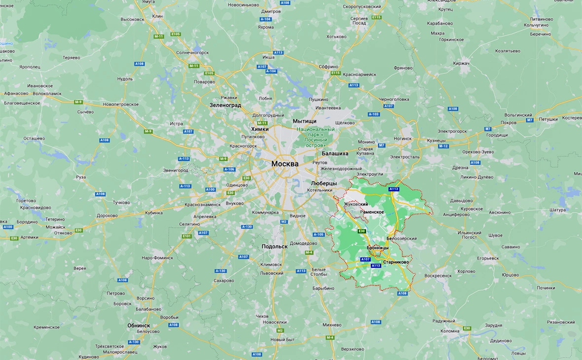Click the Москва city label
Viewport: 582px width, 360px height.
point(285,164)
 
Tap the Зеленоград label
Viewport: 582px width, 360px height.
point(225,105)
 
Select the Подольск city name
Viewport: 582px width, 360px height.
point(274,247)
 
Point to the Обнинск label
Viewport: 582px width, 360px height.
point(139,325)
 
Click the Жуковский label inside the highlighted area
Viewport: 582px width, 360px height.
point(356,204)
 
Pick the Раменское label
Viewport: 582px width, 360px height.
point(372,212)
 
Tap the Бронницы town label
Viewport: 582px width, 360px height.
point(377,248)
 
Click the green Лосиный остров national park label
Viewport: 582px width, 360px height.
point(316,138)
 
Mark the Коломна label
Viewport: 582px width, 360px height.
point(449,331)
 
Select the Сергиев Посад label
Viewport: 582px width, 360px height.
point(359,21)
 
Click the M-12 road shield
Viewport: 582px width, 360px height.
point(443,146)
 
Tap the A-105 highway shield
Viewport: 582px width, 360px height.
point(319,235)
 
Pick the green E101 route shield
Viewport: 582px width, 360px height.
point(186,237)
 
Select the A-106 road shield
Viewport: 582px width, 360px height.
point(229,169)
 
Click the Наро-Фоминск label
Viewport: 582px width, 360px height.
point(157,258)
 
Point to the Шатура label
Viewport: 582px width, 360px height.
point(557,210)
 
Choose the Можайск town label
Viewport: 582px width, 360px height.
point(55,227)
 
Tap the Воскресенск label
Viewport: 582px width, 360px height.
point(438,276)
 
